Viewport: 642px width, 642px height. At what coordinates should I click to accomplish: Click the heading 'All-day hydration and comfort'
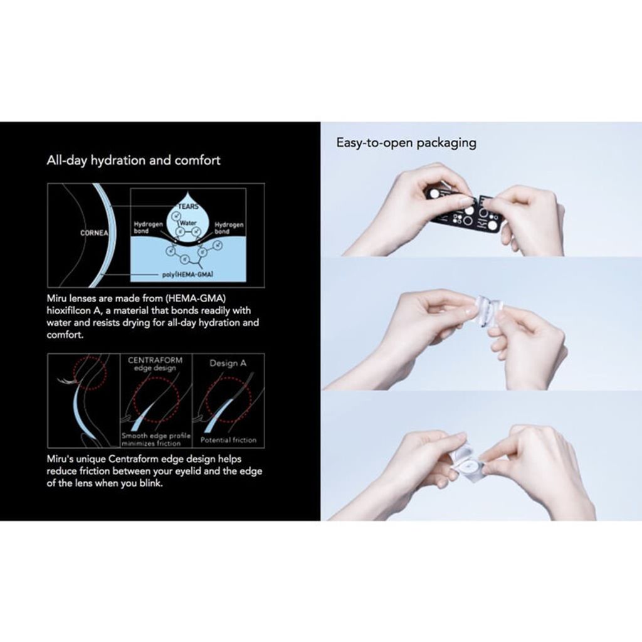[x=134, y=160]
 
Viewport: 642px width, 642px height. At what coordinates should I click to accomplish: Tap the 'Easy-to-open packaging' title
[x=406, y=143]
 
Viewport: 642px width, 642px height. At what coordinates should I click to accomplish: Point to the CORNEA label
[x=95, y=233]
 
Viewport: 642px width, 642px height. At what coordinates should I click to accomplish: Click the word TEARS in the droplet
[x=188, y=207]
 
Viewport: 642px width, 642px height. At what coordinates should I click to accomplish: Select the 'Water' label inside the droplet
[x=188, y=223]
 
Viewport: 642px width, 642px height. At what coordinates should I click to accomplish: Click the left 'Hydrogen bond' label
[x=148, y=228]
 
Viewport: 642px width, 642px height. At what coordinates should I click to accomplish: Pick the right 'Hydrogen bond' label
[x=229, y=228]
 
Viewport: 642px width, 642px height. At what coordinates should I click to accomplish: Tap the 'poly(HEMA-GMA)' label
[x=187, y=275]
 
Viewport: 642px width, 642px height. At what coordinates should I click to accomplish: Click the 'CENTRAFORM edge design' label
[x=155, y=364]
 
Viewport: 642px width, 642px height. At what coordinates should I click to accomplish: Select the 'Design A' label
[x=228, y=363]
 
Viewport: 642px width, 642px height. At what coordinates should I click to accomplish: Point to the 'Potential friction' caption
[x=228, y=440]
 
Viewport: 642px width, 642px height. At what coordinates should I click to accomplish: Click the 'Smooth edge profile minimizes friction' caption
[x=156, y=439]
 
